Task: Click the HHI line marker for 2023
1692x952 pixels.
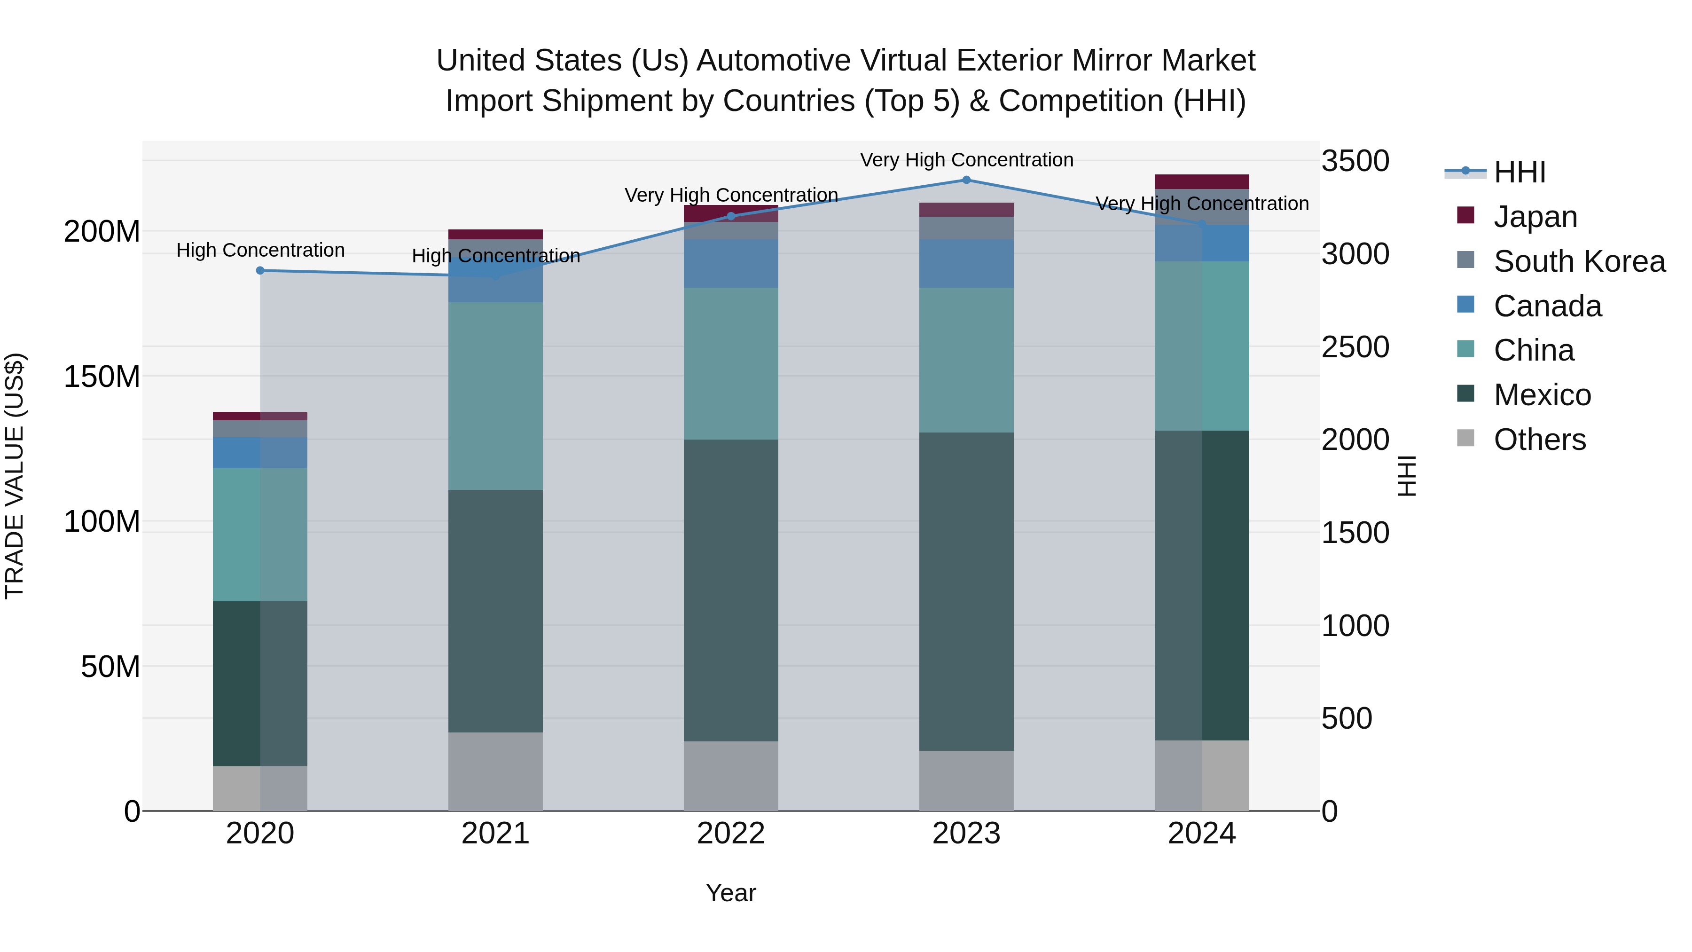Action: (966, 180)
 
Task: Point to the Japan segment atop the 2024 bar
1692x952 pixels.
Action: (1202, 182)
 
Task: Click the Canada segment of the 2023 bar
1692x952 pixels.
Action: (966, 263)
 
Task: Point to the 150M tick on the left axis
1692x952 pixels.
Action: (102, 377)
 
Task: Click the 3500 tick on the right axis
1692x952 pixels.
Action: (1355, 161)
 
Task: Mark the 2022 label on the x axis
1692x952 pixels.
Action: (731, 834)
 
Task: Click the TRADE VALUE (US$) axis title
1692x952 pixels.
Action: (15, 476)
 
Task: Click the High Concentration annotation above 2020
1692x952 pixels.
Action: (260, 250)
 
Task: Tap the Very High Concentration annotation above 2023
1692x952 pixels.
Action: (966, 160)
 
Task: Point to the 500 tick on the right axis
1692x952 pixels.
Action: (1347, 718)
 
